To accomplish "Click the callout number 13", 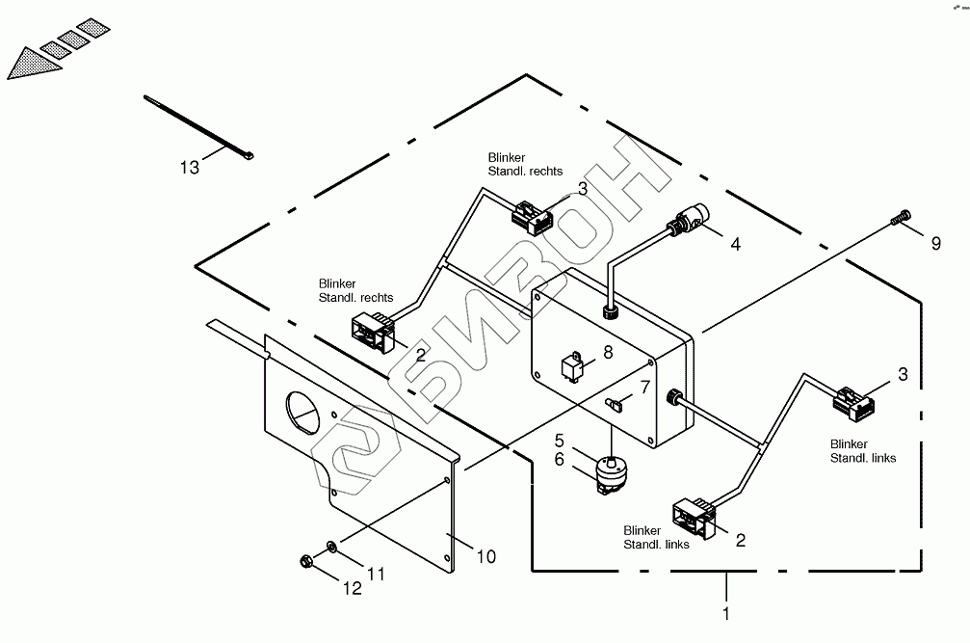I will [x=189, y=168].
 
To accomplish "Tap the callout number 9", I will [x=935, y=243].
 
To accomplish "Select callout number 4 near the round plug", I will [x=735, y=244].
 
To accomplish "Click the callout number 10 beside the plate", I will [x=486, y=556].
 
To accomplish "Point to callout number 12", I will [x=354, y=588].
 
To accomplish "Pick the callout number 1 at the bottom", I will [x=726, y=612].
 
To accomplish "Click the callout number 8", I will [x=607, y=352].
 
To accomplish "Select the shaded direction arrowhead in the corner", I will [x=28, y=64].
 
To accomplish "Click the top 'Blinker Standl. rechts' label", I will [x=525, y=164].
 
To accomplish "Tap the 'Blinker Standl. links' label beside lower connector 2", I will [x=656, y=538].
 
